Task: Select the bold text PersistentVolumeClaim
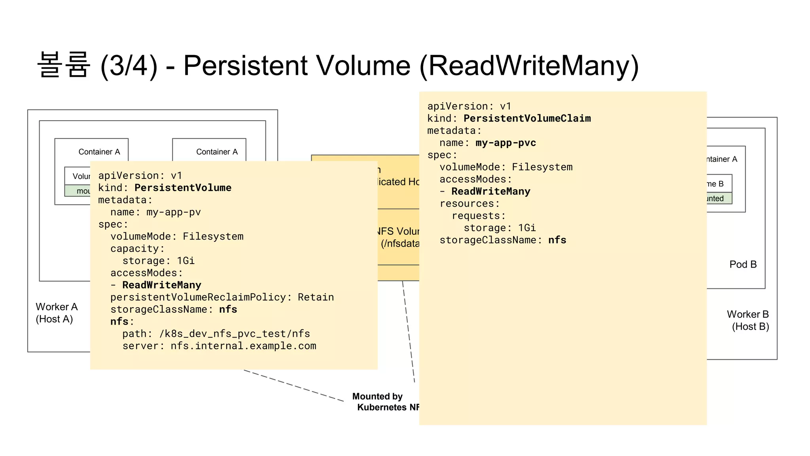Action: pos(527,118)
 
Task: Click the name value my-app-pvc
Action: pos(505,143)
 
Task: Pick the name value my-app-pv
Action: pos(173,212)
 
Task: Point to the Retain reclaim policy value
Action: pos(316,297)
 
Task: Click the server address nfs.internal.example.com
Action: pos(243,346)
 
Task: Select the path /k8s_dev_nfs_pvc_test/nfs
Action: pos(235,334)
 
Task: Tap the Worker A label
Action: pos(57,307)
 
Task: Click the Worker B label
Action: pos(748,314)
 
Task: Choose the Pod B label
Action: pos(743,264)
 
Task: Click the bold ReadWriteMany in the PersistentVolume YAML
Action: pos(161,285)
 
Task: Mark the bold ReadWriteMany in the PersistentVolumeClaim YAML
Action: pos(490,192)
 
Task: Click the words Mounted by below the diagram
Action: pos(377,396)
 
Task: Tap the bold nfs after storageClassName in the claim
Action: pos(557,240)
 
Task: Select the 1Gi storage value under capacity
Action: pos(186,261)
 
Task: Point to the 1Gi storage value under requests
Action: pos(527,228)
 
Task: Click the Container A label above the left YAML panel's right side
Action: pos(217,152)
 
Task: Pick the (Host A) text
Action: pos(54,319)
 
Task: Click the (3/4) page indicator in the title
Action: pos(129,66)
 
